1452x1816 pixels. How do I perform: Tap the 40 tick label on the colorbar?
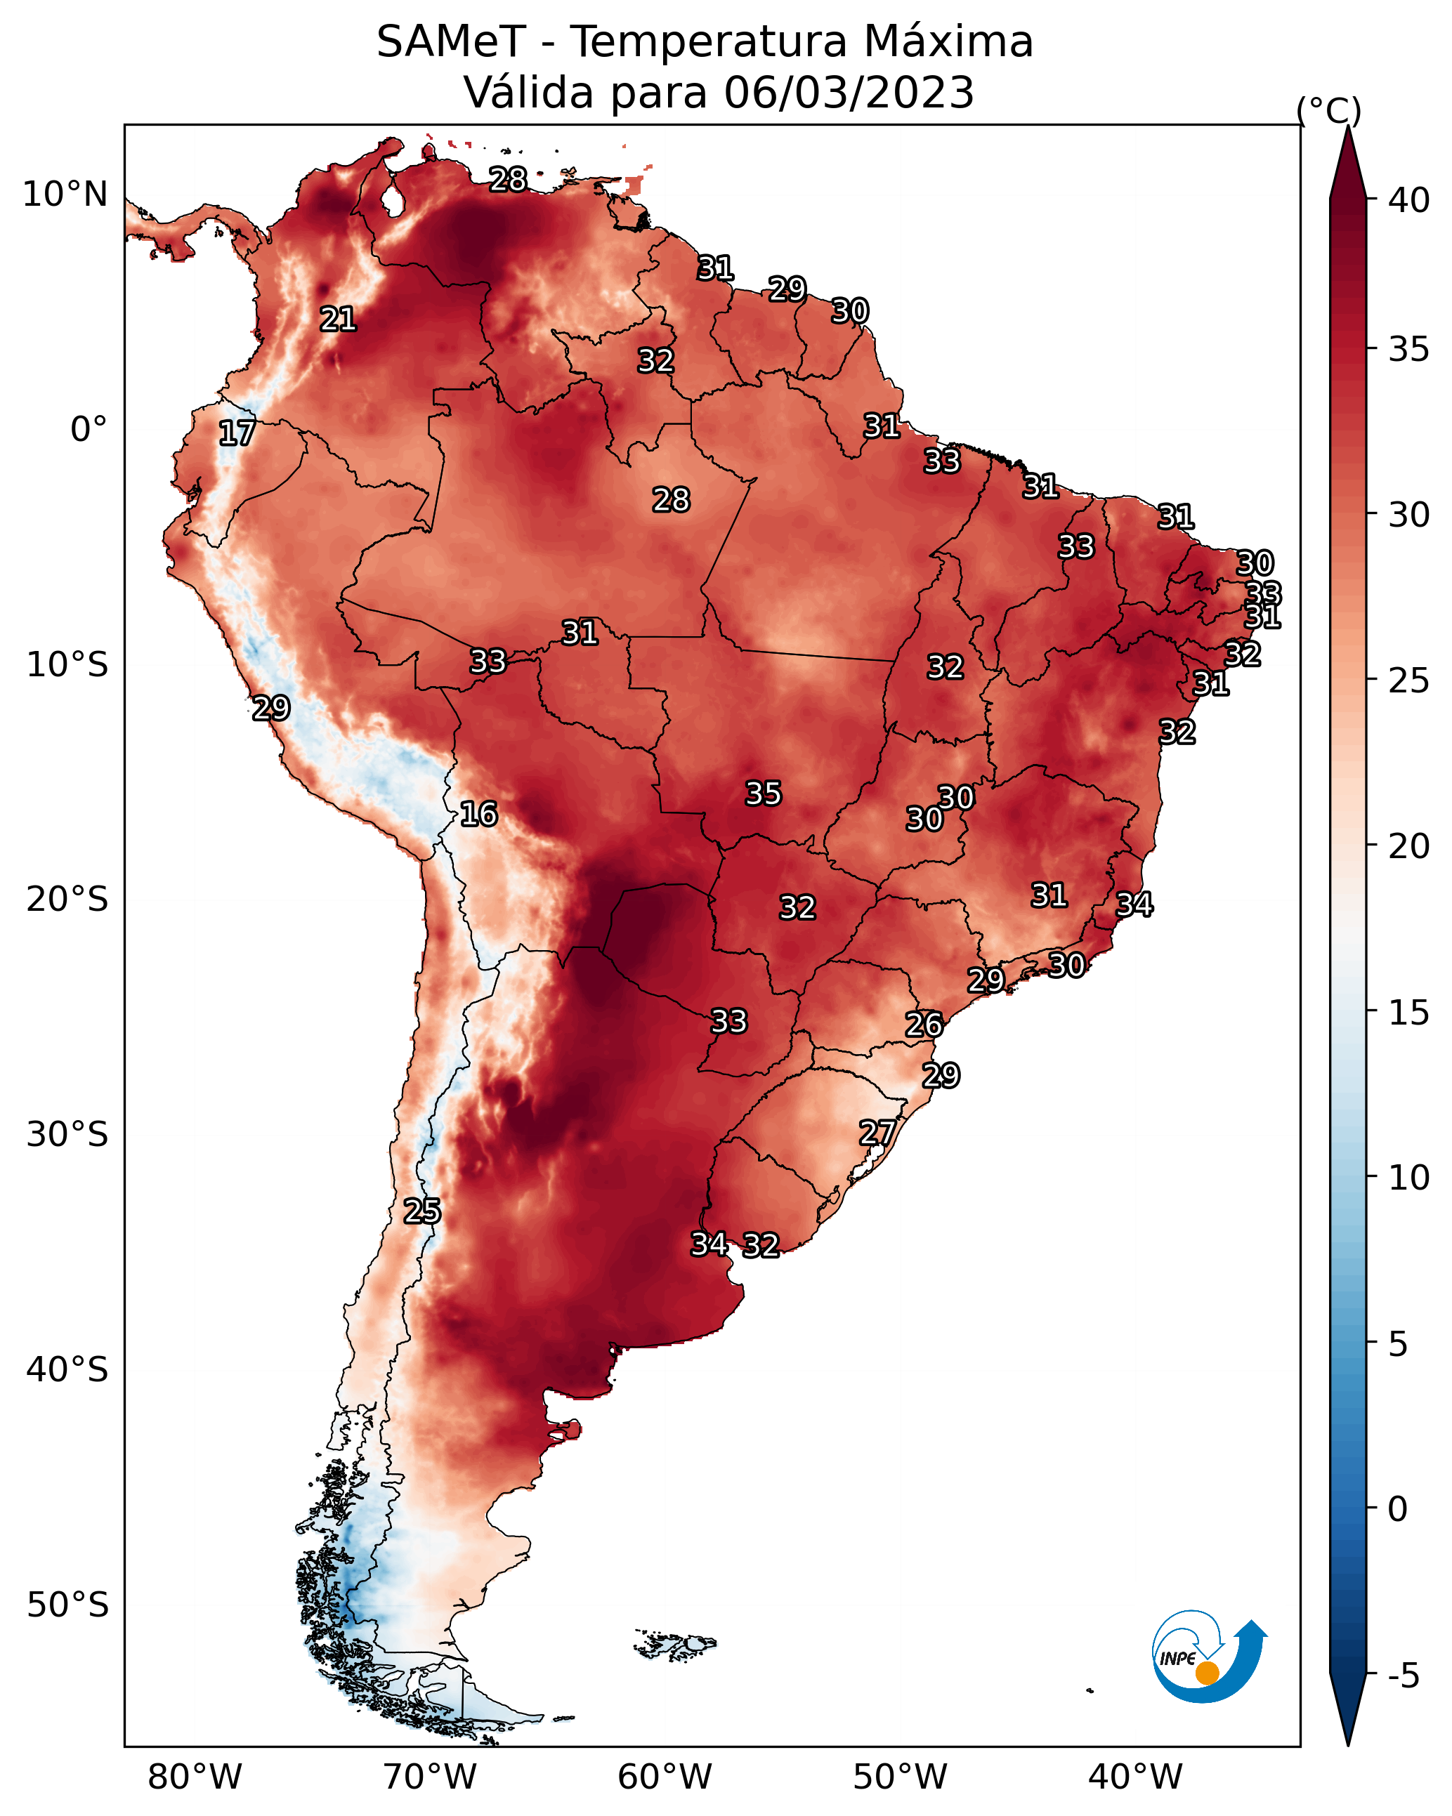coord(1409,200)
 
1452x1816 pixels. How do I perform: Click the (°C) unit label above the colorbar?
coord(1329,110)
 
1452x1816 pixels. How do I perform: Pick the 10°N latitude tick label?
coord(65,195)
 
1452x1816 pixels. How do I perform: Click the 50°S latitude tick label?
coord(67,1605)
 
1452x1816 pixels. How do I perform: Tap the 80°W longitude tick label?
coord(195,1777)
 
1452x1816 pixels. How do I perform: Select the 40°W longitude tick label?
coord(1136,1777)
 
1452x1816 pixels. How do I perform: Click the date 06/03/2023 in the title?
coord(849,92)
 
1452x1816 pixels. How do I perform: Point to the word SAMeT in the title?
coord(452,41)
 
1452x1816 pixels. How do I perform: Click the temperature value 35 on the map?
coord(764,794)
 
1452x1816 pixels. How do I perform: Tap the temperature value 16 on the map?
coord(478,814)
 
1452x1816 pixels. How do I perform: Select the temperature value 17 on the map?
coord(237,433)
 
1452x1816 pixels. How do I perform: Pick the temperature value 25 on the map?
coord(422,1211)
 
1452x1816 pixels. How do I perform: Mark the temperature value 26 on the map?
coord(924,1025)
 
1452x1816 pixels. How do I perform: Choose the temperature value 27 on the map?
coord(877,1132)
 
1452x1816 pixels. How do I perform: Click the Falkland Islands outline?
coord(675,1643)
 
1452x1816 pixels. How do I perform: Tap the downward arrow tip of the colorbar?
coord(1347,1745)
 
